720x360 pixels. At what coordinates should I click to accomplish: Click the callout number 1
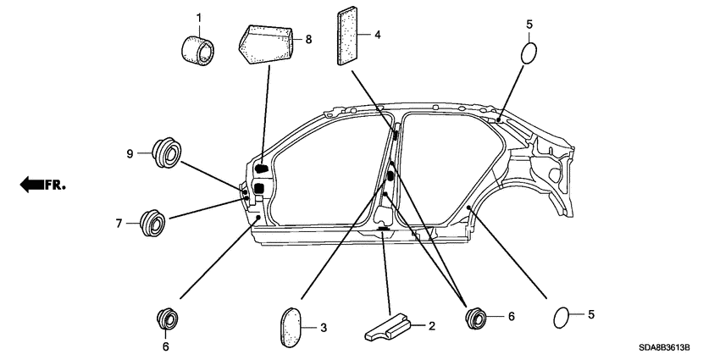tap(199, 17)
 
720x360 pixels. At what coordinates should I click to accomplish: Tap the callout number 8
tap(308, 39)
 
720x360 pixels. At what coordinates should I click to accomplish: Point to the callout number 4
tap(378, 35)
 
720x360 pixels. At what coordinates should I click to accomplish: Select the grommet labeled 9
tap(165, 153)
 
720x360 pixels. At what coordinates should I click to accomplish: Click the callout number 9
tap(130, 153)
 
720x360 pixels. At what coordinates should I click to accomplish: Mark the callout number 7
tap(119, 224)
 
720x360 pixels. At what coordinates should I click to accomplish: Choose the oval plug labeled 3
tap(291, 326)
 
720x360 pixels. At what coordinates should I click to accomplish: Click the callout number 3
tap(323, 327)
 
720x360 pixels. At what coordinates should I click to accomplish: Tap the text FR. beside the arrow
tap(56, 183)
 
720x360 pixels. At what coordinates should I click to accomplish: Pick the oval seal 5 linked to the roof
tap(527, 53)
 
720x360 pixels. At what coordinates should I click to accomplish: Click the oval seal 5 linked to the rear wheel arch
tap(560, 318)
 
